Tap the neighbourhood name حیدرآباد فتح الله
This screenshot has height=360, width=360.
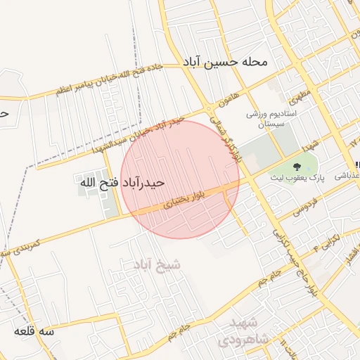pos(122,183)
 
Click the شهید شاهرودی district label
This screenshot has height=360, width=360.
pos(243,330)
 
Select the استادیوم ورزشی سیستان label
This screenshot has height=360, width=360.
pos(271,118)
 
